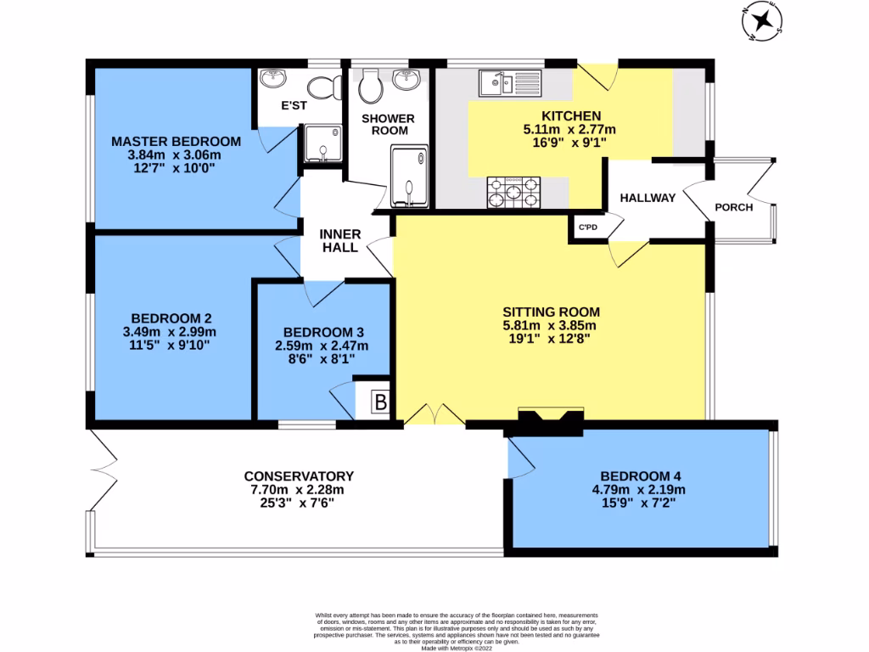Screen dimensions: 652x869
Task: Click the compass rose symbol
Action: click(x=766, y=20)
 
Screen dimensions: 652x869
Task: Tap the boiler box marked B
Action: click(x=380, y=402)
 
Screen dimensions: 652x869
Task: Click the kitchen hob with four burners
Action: click(x=513, y=191)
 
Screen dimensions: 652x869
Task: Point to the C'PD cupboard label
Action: click(x=587, y=228)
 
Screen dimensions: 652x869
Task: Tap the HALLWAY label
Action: click(x=648, y=198)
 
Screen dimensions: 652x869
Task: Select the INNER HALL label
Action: click(x=340, y=241)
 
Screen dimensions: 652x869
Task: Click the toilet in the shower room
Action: click(x=369, y=84)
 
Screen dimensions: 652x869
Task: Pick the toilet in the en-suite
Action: click(x=323, y=86)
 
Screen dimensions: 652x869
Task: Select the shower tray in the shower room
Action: click(x=409, y=176)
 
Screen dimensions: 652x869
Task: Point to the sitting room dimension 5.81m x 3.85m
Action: click(x=551, y=324)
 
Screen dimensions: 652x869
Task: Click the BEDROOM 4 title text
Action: click(x=640, y=476)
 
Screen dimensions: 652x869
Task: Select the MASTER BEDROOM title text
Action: click(x=176, y=141)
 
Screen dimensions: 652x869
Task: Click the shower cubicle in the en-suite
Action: click(x=321, y=144)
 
